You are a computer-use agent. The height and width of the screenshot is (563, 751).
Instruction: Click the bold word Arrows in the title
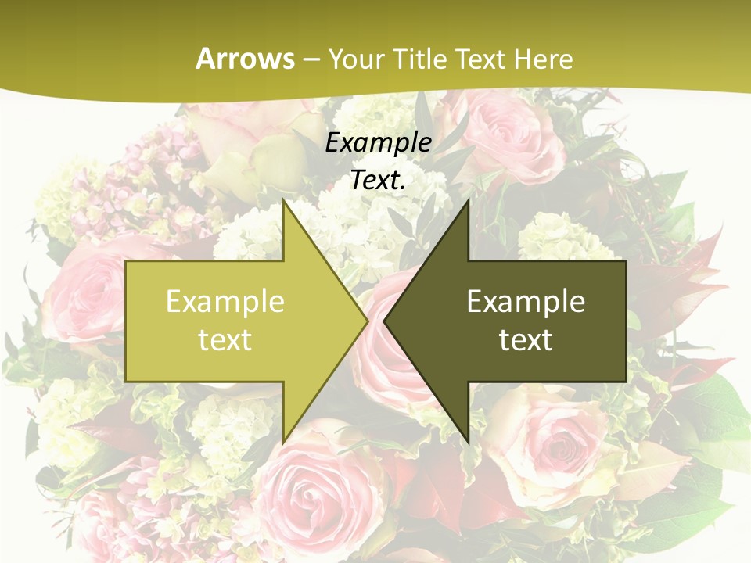(x=246, y=59)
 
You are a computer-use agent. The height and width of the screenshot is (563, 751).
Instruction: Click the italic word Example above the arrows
(x=378, y=142)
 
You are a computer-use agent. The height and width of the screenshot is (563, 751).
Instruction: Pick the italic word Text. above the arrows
(x=378, y=180)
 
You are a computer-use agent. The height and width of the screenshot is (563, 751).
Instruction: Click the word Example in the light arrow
(x=225, y=301)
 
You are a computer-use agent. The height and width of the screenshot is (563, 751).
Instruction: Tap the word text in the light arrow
(x=225, y=339)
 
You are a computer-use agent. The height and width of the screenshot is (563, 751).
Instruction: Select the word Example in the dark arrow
(x=526, y=301)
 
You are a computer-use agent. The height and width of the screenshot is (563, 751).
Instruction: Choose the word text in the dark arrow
(x=526, y=339)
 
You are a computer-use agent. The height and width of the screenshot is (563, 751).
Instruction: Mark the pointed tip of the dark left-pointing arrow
(x=385, y=320)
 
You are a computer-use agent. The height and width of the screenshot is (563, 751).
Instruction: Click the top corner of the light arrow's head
(x=284, y=201)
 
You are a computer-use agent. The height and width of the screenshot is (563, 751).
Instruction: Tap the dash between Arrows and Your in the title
(x=311, y=59)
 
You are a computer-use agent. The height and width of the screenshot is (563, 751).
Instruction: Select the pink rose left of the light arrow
(x=78, y=289)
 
